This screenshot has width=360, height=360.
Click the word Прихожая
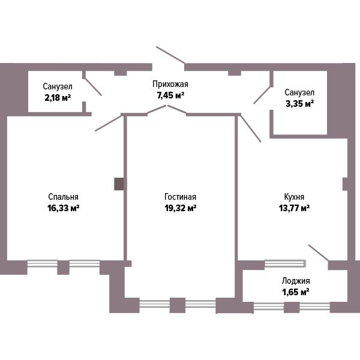tap(170, 84)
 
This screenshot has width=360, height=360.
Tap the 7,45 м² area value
tap(170, 95)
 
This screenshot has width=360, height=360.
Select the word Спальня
tap(63, 197)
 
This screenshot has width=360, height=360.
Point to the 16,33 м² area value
tap(64, 208)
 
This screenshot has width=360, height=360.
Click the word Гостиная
tap(180, 197)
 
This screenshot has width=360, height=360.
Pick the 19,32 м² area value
tap(180, 208)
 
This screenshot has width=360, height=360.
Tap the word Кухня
tap(294, 197)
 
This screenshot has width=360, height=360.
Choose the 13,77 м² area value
tap(294, 208)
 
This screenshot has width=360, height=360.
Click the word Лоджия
tap(296, 281)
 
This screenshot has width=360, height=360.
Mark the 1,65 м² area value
tap(295, 292)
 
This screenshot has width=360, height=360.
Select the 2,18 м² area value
tap(58, 98)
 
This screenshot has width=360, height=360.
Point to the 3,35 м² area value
tap(299, 104)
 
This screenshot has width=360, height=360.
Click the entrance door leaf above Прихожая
tap(170, 55)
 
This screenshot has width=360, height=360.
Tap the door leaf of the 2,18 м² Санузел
tap(93, 87)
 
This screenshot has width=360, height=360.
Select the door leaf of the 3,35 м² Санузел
tap(262, 95)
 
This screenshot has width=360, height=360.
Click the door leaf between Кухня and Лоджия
tap(319, 253)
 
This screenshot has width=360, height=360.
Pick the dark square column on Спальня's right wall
tap(119, 184)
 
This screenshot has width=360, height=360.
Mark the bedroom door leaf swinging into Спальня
tap(108, 123)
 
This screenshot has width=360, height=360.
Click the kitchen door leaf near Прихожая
tap(250, 128)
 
